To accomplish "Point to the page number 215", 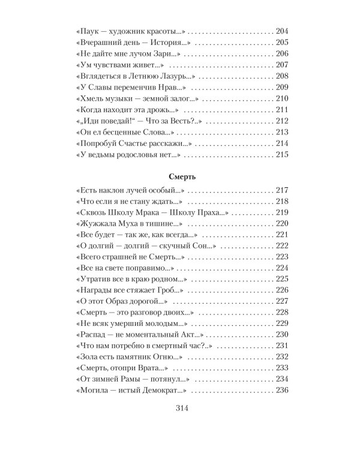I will [x=282, y=154].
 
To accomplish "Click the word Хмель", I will [x=93, y=99].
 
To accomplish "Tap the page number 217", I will [x=282, y=189].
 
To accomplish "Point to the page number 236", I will [x=282, y=391].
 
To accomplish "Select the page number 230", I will [x=282, y=335].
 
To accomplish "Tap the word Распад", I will [x=95, y=335].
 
